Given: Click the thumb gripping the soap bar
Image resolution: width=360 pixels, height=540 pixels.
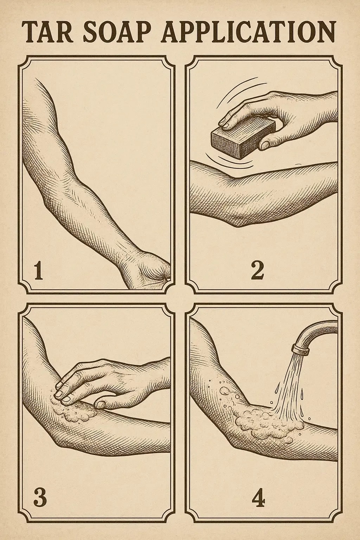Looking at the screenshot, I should tap(269, 143).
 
